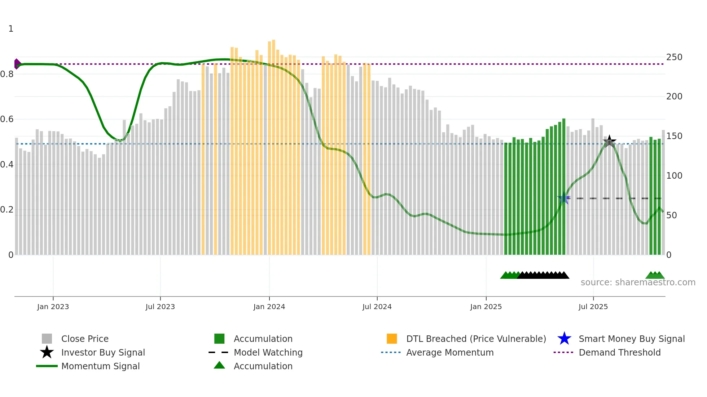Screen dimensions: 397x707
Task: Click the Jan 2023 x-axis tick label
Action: tap(53, 307)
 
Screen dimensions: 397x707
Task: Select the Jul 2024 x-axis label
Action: tap(377, 307)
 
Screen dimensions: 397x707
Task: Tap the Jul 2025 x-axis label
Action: tap(593, 307)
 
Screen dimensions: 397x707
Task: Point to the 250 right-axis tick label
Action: tap(674, 57)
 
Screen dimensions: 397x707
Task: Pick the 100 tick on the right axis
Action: tap(674, 176)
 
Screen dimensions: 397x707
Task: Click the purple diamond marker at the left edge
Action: tap(17, 64)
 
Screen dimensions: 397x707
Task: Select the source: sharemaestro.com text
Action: tap(638, 282)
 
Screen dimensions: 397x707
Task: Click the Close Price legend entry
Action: tap(85, 339)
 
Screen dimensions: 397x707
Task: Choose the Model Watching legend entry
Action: tap(268, 352)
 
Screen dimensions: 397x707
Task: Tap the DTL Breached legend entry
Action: tap(476, 339)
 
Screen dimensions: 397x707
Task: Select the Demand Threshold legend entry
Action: tap(619, 352)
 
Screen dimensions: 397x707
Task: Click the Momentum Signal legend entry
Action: tap(100, 366)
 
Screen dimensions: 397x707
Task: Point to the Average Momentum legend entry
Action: tap(449, 352)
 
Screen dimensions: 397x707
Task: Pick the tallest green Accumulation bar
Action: tap(564, 187)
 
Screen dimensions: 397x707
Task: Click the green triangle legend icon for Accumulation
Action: tap(219, 365)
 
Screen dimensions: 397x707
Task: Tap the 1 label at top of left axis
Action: tap(11, 29)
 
